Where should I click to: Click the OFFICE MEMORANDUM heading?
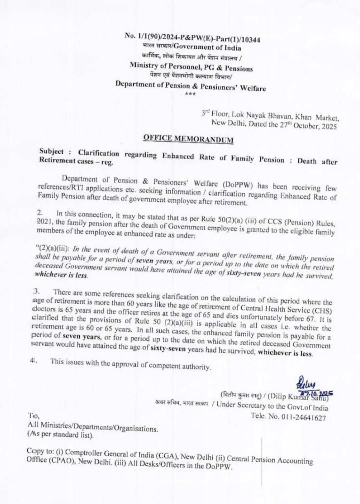pyautogui.click(x=188, y=139)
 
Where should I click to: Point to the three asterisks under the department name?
pyautogui.click(x=191, y=95)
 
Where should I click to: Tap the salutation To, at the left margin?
pyautogui.click(x=34, y=416)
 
